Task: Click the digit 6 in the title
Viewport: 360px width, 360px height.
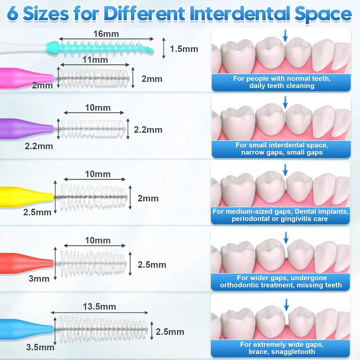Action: pyautogui.click(x=13, y=14)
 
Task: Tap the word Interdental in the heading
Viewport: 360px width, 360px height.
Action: pyautogui.click(x=240, y=13)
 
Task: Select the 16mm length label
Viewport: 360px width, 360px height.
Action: pyautogui.click(x=106, y=34)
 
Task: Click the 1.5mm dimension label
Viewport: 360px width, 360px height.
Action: pyautogui.click(x=184, y=49)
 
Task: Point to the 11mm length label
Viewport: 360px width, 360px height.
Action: pyautogui.click(x=95, y=60)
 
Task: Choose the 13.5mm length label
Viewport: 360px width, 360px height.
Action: pyautogui.click(x=99, y=307)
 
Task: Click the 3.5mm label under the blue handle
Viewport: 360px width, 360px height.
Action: pyautogui.click(x=40, y=347)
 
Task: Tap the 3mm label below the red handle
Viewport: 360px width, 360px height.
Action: pyautogui.click(x=39, y=279)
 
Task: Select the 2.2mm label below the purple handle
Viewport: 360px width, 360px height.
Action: pyautogui.click(x=39, y=146)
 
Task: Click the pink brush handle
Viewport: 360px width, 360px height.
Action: pyautogui.click(x=25, y=78)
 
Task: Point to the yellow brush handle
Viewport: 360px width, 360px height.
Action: pyautogui.click(x=26, y=197)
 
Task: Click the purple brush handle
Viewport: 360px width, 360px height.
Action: pyautogui.click(x=26, y=129)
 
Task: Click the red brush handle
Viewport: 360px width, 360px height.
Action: pyautogui.click(x=26, y=263)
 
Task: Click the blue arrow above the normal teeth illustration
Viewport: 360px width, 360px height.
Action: pyautogui.click(x=285, y=36)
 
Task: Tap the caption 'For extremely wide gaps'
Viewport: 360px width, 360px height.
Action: pyautogui.click(x=282, y=345)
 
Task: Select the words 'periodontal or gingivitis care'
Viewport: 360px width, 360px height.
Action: pyautogui.click(x=280, y=219)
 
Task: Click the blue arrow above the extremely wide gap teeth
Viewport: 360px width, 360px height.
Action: pyautogui.click(x=286, y=304)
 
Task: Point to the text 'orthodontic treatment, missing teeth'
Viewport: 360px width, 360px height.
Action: pyautogui.click(x=281, y=285)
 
